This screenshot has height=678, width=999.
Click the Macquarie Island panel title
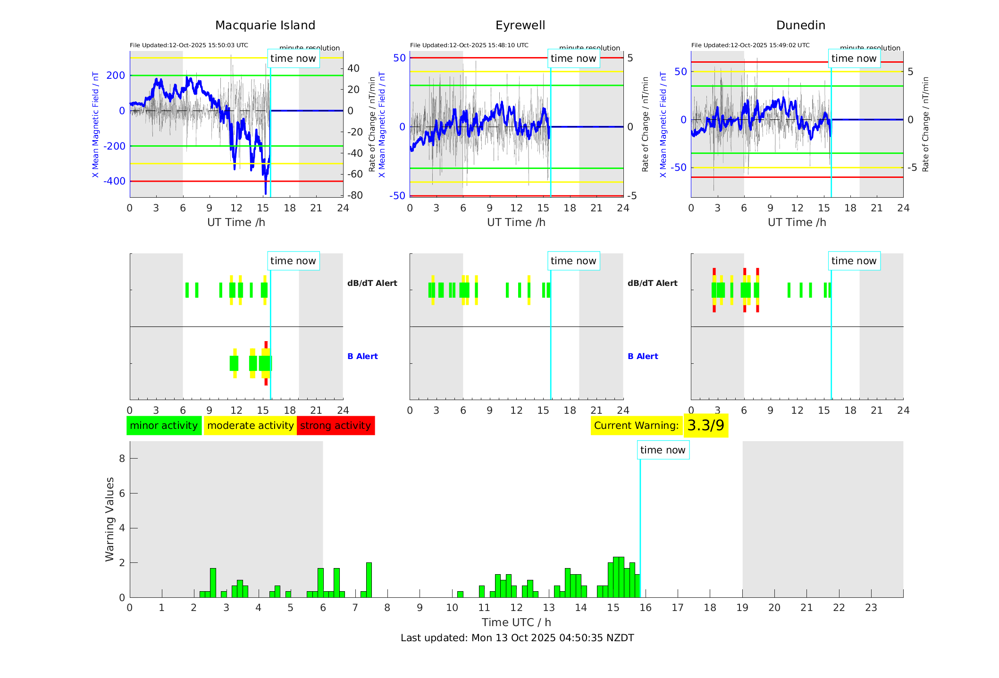265,25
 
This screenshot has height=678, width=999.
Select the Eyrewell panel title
520,25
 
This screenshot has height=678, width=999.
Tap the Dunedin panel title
800,25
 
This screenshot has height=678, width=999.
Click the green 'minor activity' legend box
164,426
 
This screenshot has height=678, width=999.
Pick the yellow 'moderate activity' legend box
250,426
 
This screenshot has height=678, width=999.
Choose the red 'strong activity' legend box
336,426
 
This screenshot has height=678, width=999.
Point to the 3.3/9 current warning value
705,426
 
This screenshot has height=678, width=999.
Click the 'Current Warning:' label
636,426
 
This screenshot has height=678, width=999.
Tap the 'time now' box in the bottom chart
663,450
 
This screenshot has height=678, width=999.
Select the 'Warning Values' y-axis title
110,519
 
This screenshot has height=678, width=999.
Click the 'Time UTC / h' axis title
516,622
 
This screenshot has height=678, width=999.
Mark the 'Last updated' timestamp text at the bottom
517,638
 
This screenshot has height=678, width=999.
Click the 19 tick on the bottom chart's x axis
742,608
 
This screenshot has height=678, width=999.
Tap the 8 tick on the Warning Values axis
122,458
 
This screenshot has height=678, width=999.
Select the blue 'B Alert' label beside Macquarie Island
362,356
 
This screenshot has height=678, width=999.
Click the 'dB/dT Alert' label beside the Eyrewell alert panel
652,283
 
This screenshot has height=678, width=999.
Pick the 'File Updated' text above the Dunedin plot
750,45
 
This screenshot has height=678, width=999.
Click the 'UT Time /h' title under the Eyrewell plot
516,222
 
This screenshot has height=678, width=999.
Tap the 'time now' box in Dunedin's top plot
854,59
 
